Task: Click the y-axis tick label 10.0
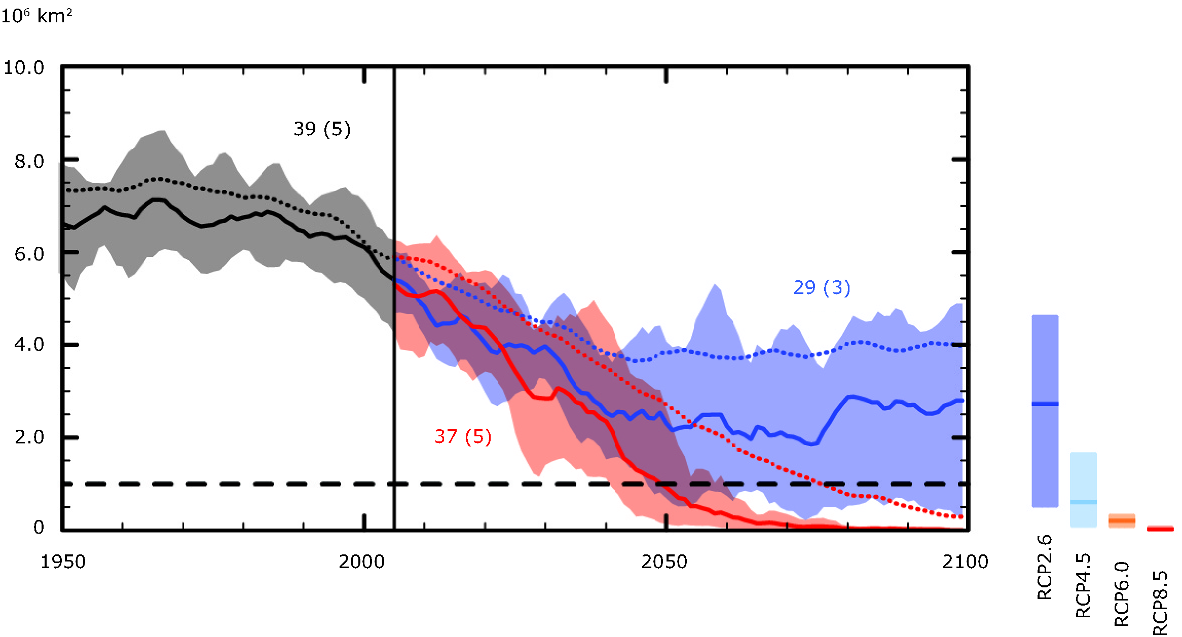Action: [24, 67]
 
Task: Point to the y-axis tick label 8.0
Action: [29, 161]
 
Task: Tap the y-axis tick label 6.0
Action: [29, 254]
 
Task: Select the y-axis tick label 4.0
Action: [29, 345]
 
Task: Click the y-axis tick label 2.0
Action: [29, 437]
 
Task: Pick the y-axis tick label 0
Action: [39, 528]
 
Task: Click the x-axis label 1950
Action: [63, 562]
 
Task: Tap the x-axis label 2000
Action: [361, 562]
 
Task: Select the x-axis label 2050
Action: [664, 562]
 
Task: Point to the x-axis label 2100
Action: [965, 562]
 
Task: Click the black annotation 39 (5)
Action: [322, 129]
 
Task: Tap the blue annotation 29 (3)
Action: [822, 288]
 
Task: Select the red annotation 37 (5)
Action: [463, 437]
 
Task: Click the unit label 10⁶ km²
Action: [36, 16]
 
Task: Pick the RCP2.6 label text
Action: [1045, 568]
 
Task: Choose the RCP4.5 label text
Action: [1083, 585]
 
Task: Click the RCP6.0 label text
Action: [1122, 594]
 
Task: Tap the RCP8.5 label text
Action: [1160, 603]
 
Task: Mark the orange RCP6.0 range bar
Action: [1122, 520]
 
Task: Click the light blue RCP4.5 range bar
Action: [1083, 490]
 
